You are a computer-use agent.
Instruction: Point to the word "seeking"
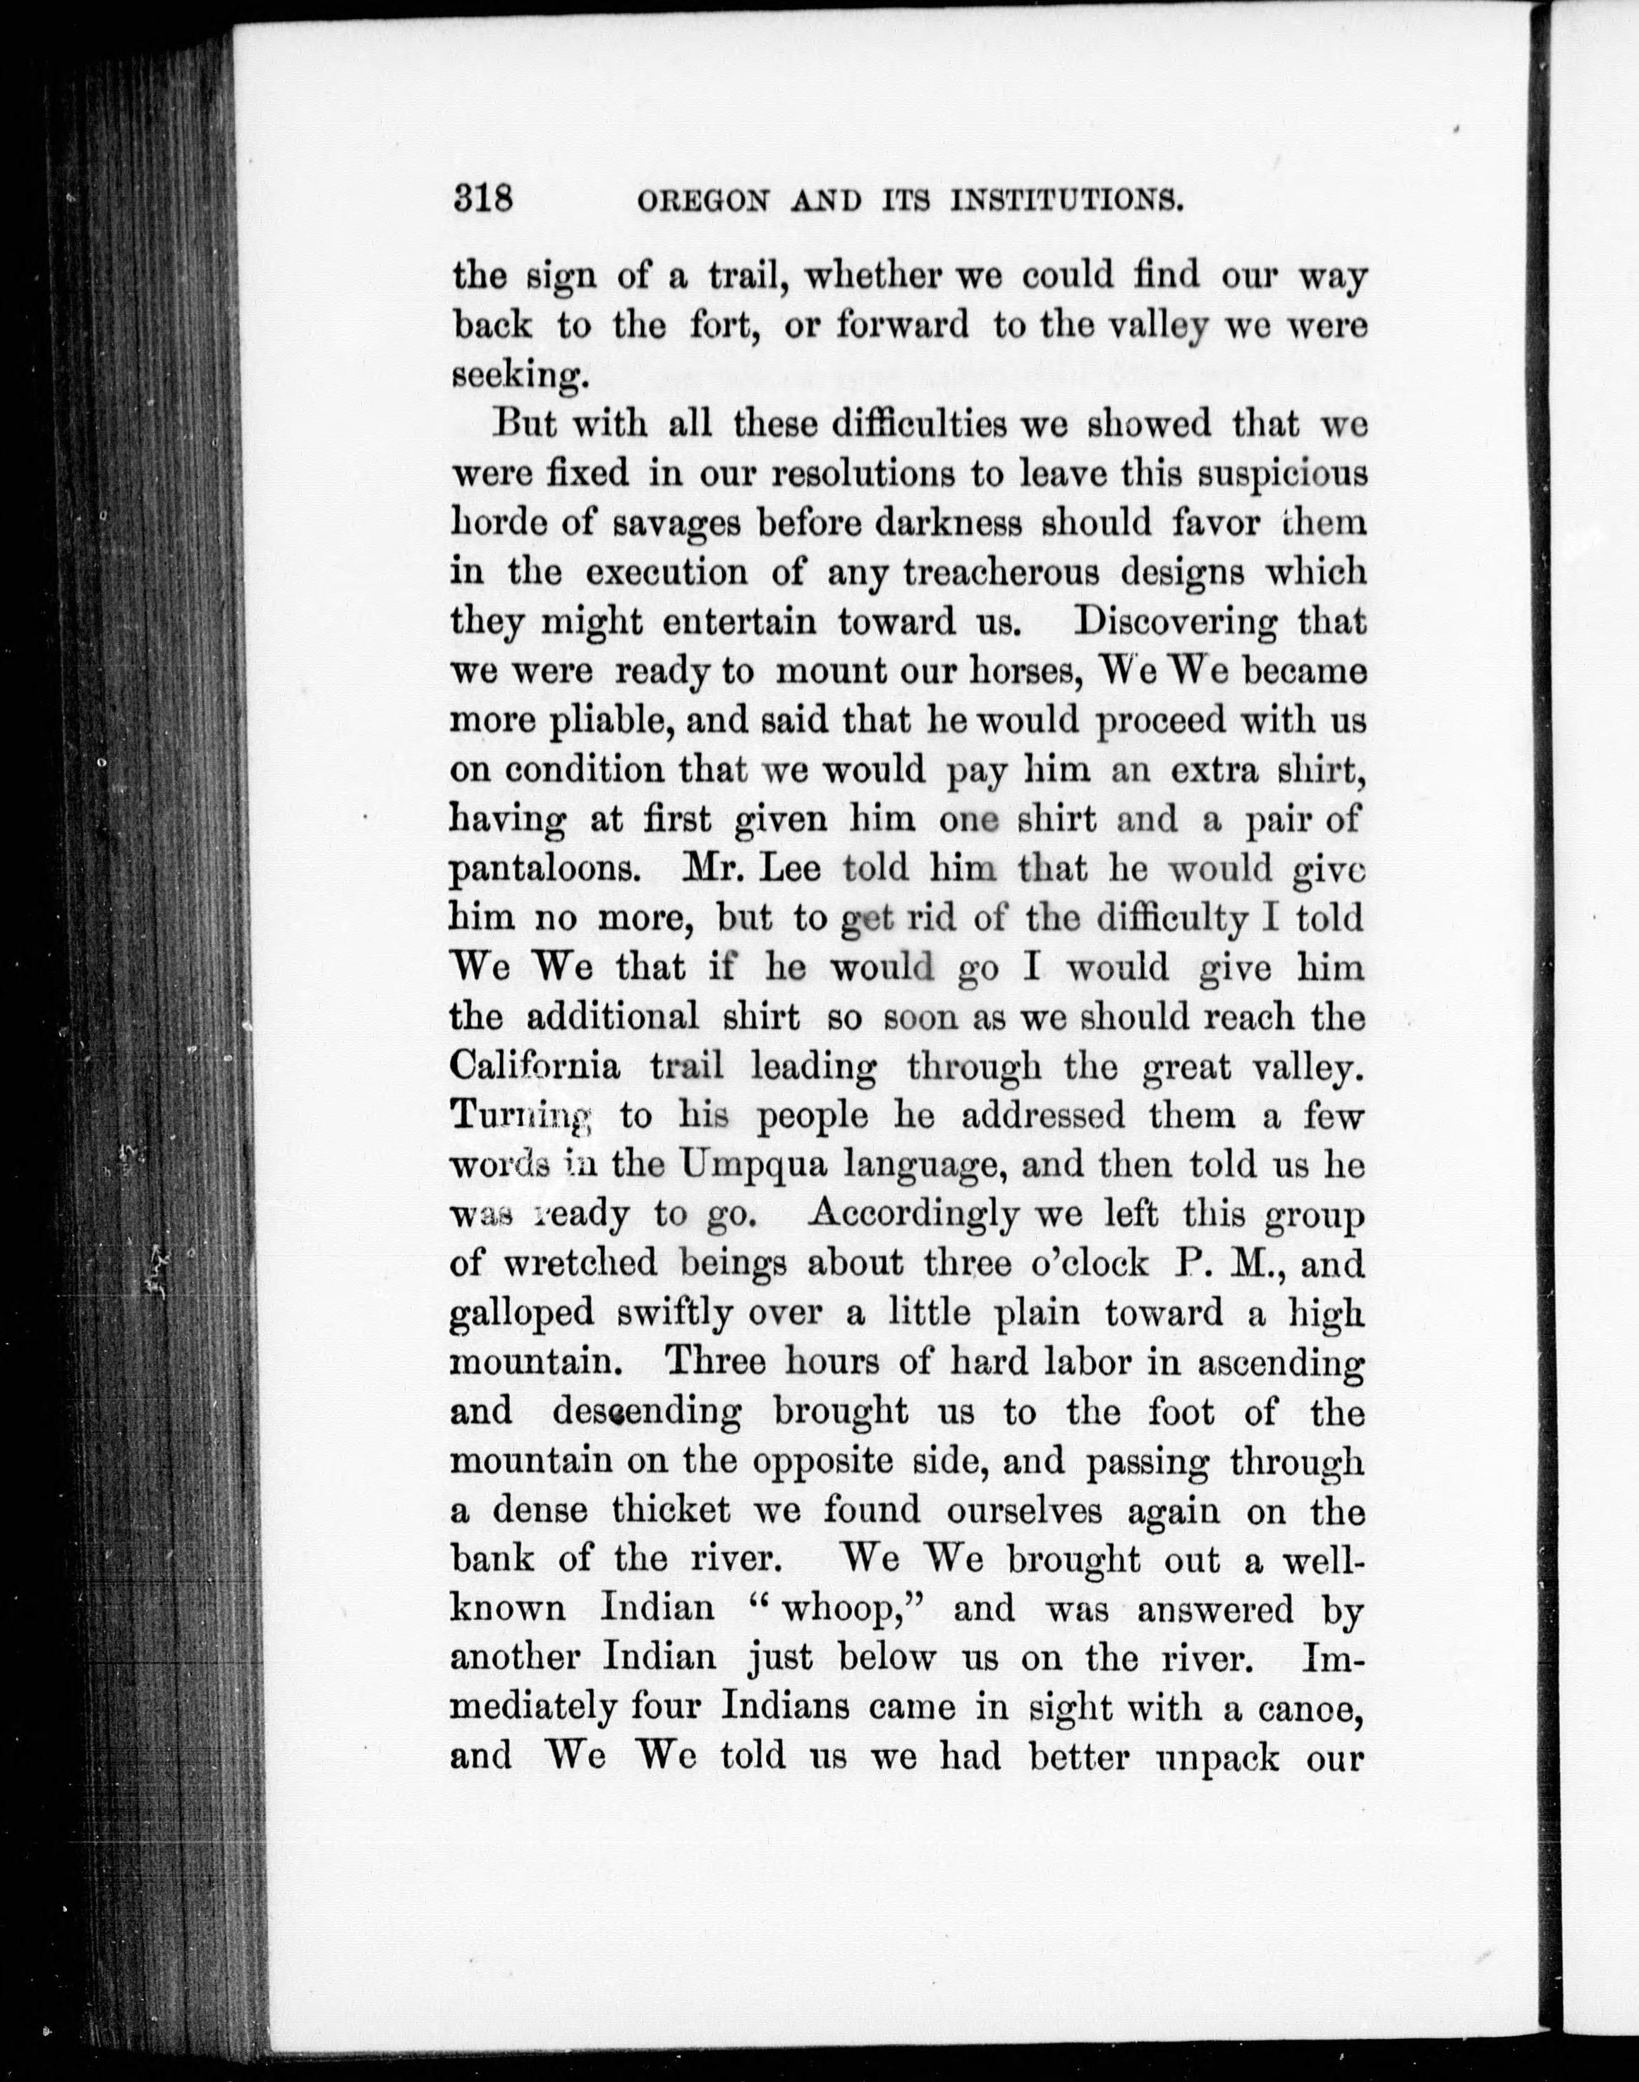tap(518, 377)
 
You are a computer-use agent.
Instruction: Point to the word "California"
tap(535, 1066)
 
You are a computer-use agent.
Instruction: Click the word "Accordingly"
tap(913, 1214)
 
